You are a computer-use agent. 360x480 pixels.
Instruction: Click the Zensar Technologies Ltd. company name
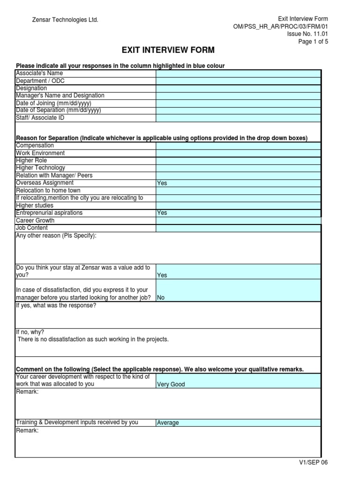(65, 20)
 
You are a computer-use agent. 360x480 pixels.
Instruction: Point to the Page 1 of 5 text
(313, 41)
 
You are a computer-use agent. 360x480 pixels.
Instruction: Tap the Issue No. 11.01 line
(307, 34)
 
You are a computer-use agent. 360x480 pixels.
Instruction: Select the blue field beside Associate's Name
(238, 74)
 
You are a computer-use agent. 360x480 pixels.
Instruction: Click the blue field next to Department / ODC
(238, 81)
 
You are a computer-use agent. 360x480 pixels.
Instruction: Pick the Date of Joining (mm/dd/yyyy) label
(54, 103)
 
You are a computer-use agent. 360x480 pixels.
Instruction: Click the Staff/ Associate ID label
(40, 118)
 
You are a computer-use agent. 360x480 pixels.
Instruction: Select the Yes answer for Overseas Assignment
(162, 183)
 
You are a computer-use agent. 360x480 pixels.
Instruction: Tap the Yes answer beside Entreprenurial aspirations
(162, 213)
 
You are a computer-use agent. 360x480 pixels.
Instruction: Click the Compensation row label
(35, 146)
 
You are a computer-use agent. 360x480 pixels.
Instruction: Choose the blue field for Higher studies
(238, 206)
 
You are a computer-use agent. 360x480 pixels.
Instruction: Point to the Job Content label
(32, 228)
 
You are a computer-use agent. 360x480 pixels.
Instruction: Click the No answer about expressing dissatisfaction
(161, 298)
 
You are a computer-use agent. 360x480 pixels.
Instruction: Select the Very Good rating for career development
(171, 384)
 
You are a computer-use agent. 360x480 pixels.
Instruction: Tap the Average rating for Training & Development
(168, 423)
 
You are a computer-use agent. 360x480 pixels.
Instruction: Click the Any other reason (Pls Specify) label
(56, 236)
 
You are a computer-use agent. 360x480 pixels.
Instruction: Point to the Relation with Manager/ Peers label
(54, 175)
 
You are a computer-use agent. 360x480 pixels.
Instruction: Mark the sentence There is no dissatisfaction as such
(93, 339)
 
